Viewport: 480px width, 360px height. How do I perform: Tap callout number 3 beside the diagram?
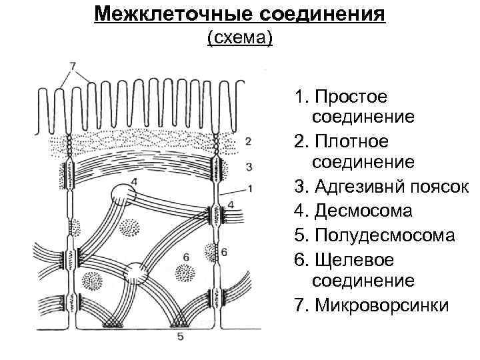tap(247, 165)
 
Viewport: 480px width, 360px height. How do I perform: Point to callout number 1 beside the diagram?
tap(249, 189)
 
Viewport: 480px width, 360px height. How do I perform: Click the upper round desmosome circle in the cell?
tap(123, 195)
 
